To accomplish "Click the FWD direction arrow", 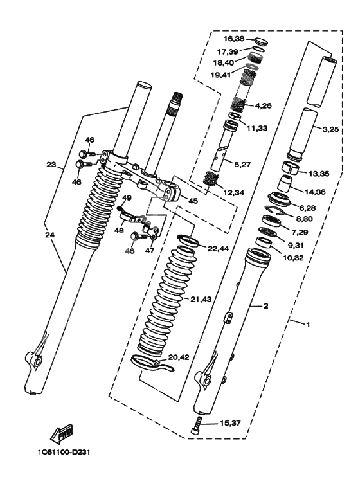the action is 62,433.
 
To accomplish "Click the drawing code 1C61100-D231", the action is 64,452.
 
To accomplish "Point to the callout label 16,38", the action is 234,39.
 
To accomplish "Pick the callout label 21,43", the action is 201,299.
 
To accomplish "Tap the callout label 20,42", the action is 179,357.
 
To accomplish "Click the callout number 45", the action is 193,201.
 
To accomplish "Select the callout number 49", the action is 127,198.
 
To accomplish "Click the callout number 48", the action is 119,231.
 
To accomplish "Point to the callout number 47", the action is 150,250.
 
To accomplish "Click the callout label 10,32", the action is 292,258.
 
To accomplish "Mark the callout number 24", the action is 50,235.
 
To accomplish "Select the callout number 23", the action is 51,165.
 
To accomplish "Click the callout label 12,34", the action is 234,192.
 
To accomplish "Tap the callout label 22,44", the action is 218,249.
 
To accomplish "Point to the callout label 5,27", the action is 243,165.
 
